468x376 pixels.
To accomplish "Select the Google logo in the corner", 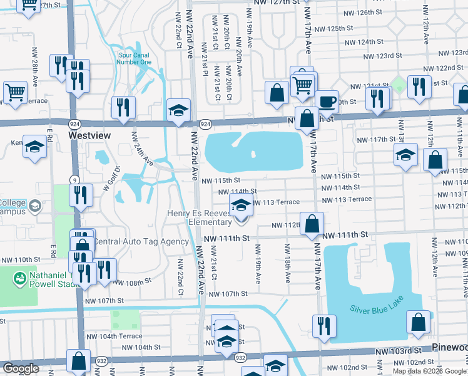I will [21, 368].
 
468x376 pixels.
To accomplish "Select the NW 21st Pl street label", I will [205, 57].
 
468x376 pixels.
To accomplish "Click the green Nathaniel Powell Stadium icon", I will [20, 277].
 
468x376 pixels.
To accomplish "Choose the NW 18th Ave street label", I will [288, 266].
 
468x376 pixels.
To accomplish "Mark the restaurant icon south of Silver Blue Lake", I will [323, 326].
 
